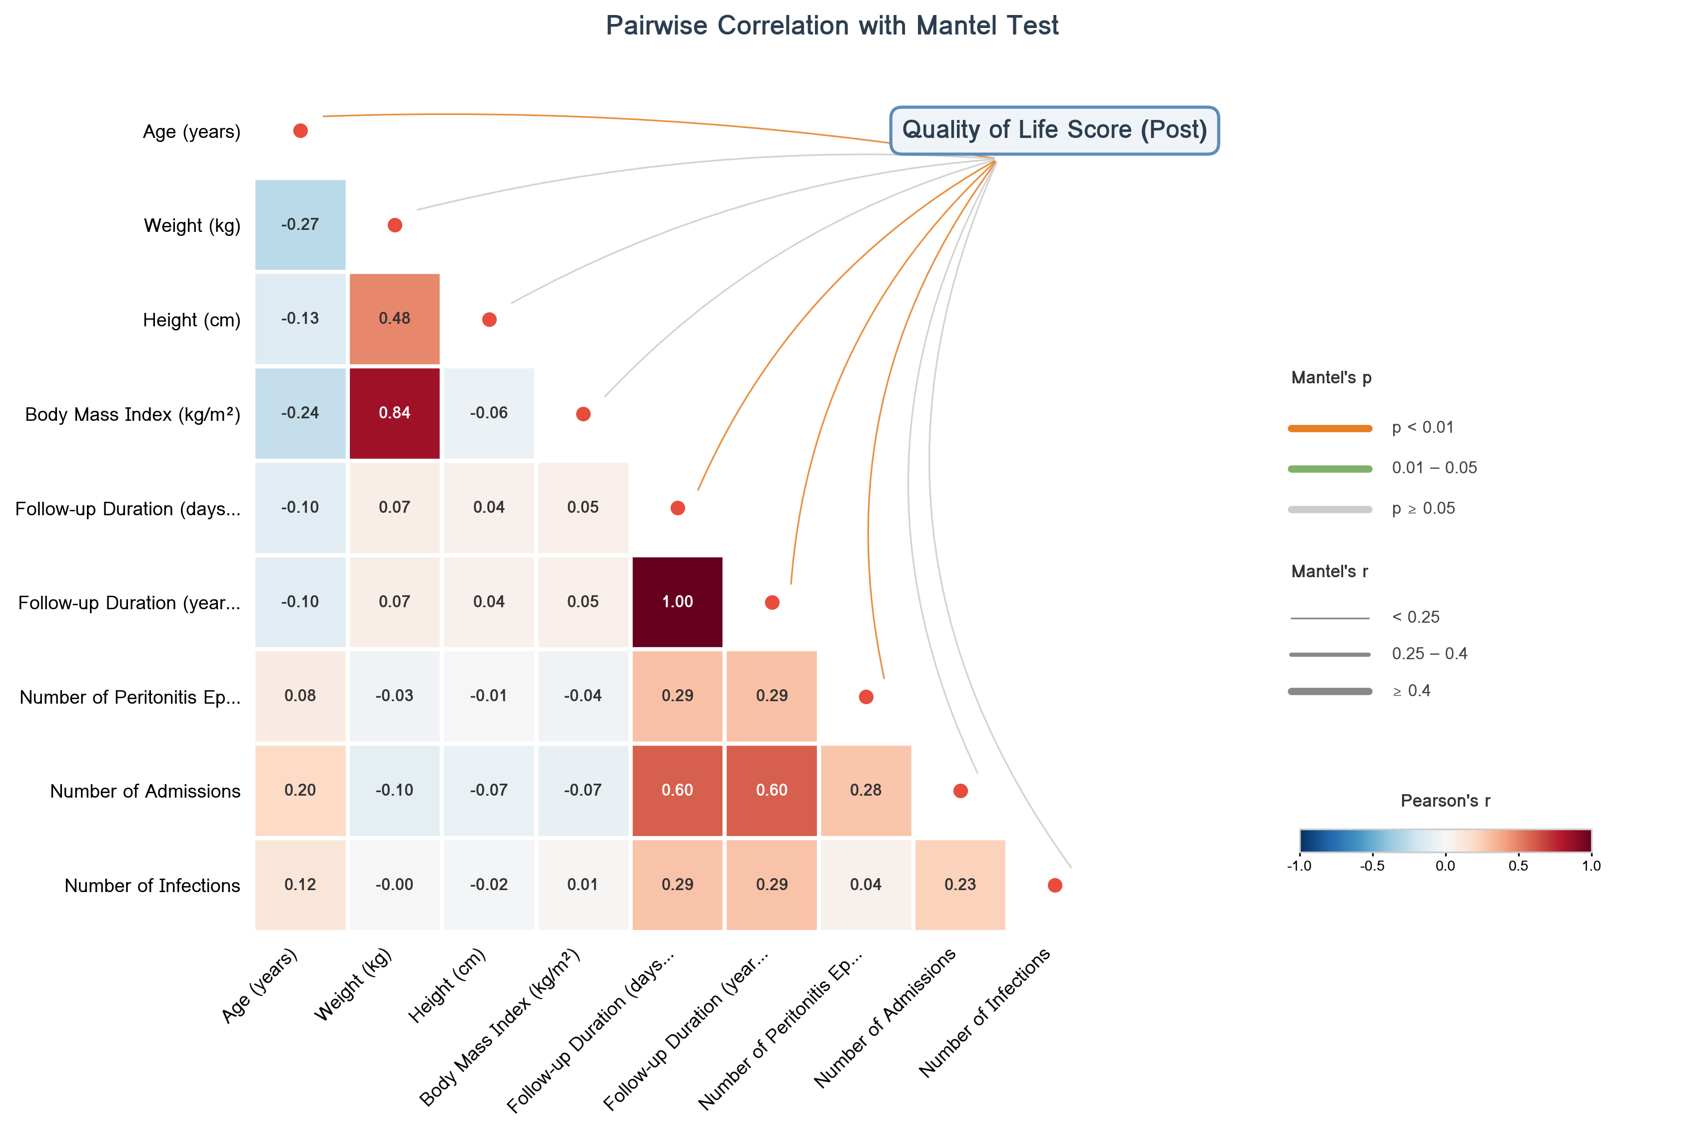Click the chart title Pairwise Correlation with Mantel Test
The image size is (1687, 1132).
click(x=832, y=26)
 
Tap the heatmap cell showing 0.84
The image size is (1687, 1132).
click(x=394, y=413)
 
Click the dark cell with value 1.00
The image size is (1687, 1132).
click(x=677, y=601)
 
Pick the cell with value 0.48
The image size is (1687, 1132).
click(x=394, y=318)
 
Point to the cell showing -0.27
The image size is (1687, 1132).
click(x=300, y=224)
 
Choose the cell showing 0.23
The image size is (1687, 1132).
click(x=959, y=885)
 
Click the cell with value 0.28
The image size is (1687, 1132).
click(x=865, y=790)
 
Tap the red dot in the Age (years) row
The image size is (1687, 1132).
click(x=300, y=130)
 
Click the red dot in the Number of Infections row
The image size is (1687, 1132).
click(x=1055, y=885)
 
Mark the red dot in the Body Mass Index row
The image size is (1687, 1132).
click(x=583, y=414)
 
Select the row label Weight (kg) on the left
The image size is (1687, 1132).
click(x=192, y=225)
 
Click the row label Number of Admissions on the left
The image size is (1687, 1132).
click(x=145, y=791)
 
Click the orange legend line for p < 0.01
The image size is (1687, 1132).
click(x=1330, y=428)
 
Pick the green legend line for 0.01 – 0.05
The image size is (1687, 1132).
click(x=1330, y=468)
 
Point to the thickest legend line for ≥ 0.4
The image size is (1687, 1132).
click(x=1330, y=691)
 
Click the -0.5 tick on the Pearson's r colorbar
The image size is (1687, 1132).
click(x=1372, y=866)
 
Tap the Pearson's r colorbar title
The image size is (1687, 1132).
click(x=1445, y=801)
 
